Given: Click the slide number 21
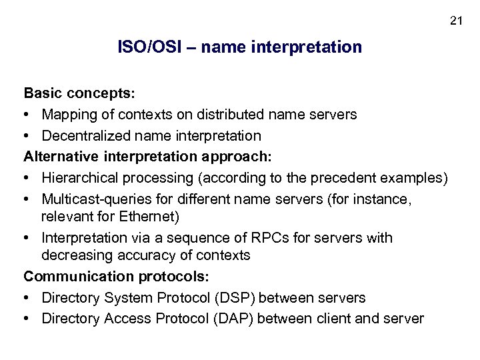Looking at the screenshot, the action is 456,21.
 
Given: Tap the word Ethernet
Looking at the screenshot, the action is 153,216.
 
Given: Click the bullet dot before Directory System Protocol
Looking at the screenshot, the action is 28,297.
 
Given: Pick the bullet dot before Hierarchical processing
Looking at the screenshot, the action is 28,178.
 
